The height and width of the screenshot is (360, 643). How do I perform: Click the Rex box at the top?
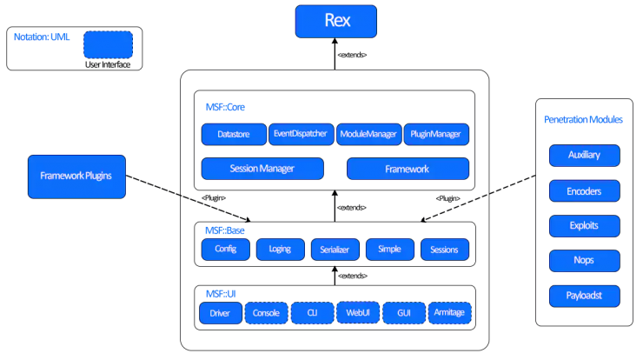pyautogui.click(x=336, y=22)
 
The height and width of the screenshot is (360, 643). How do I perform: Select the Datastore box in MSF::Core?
pyautogui.click(x=234, y=134)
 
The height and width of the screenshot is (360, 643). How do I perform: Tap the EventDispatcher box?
pyautogui.click(x=301, y=134)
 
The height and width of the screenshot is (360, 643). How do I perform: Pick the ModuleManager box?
pyautogui.click(x=368, y=134)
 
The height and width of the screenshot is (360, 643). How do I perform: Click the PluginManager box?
pyautogui.click(x=436, y=134)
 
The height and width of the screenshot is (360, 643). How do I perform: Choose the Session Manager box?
pyautogui.click(x=262, y=169)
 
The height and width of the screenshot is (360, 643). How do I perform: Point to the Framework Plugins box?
pyautogui.click(x=76, y=177)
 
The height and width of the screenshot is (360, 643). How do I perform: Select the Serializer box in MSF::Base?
pyautogui.click(x=335, y=250)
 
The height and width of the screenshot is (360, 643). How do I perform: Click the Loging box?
pyautogui.click(x=281, y=250)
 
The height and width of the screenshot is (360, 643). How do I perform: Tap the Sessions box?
pyautogui.click(x=445, y=250)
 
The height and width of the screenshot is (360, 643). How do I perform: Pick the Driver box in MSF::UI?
pyautogui.click(x=221, y=313)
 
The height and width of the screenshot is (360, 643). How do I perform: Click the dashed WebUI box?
pyautogui.click(x=358, y=312)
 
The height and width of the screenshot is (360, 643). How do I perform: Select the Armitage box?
pyautogui.click(x=450, y=313)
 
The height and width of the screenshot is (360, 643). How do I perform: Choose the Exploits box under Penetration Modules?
pyautogui.click(x=585, y=226)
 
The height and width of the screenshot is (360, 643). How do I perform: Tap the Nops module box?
pyautogui.click(x=585, y=261)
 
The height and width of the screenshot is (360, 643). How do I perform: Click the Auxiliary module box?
pyautogui.click(x=585, y=155)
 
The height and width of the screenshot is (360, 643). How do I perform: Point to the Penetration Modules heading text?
pyautogui.click(x=583, y=119)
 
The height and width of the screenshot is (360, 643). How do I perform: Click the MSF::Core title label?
pyautogui.click(x=225, y=107)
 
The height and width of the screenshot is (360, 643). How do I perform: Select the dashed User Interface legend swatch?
pyautogui.click(x=109, y=45)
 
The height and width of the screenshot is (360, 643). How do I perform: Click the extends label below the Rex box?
pyautogui.click(x=352, y=55)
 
